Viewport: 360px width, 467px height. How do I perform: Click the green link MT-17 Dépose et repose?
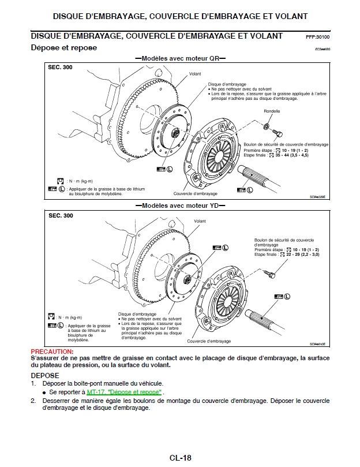pos(125,392)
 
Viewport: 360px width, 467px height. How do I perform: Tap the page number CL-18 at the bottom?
pos(180,458)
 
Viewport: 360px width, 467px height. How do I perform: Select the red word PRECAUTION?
pos(51,351)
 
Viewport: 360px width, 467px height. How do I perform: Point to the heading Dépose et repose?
pos(63,48)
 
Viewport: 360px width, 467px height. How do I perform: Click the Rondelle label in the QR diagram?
pos(272,111)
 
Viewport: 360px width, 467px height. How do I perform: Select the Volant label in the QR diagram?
pos(194,74)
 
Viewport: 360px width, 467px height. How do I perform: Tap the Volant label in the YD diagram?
pos(200,221)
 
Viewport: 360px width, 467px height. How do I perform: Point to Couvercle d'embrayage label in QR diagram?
pos(195,194)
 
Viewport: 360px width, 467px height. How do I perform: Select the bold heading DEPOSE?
pos(44,375)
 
